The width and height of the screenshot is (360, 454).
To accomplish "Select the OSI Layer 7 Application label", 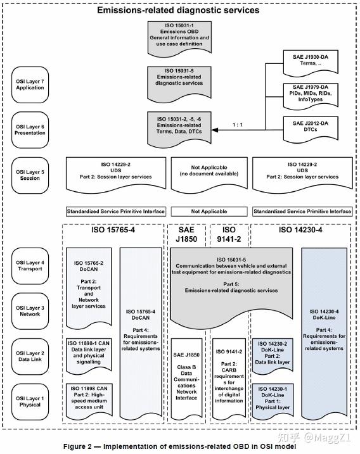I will pyautogui.click(x=30, y=84).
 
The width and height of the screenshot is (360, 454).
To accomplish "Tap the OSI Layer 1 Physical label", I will pyautogui.click(x=30, y=400).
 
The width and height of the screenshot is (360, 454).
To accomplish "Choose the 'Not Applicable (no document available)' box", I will pyautogui.click(x=209, y=171).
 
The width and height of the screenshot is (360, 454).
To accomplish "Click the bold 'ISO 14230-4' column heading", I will pyautogui.click(x=300, y=230).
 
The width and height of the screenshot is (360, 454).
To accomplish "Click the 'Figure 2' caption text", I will pyautogui.click(x=179, y=446).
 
